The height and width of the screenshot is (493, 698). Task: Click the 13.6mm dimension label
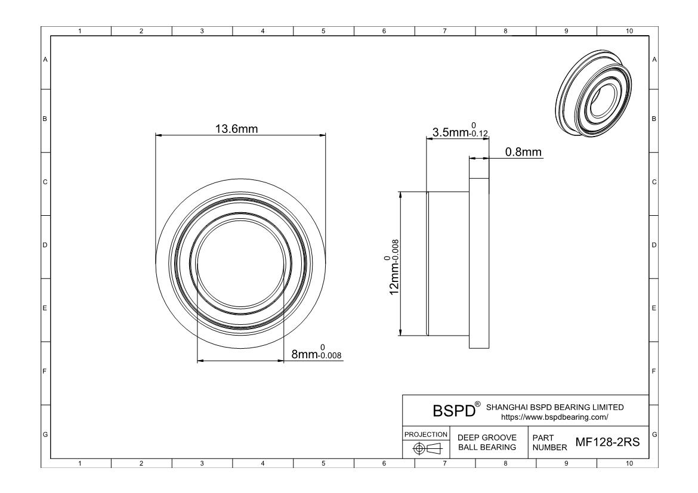pos(236,129)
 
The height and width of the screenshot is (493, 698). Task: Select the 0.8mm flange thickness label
pos(523,152)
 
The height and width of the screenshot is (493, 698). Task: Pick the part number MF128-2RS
pos(608,442)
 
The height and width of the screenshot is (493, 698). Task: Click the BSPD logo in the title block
pos(454,411)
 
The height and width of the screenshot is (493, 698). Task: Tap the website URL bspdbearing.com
pos(555,417)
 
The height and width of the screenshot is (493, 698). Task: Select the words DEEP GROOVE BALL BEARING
pos(487,442)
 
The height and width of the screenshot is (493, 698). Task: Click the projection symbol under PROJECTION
pos(426,448)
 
